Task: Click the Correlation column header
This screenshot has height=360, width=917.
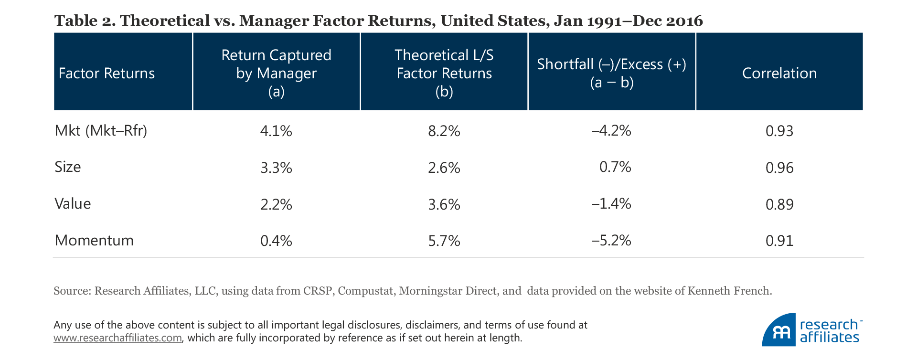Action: click(x=779, y=73)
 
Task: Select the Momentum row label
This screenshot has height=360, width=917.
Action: click(x=94, y=240)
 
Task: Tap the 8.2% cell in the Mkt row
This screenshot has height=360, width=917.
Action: click(x=444, y=131)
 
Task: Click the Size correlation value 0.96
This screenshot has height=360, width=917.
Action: click(x=779, y=168)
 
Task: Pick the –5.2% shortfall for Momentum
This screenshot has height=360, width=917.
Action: click(x=611, y=240)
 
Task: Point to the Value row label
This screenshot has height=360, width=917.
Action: click(x=73, y=204)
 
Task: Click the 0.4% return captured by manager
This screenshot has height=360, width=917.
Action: click(x=276, y=241)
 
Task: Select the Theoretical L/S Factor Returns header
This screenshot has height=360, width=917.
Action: click(x=444, y=73)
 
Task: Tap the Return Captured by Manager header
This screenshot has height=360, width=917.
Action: click(x=276, y=73)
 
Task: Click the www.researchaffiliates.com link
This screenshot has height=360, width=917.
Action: click(x=117, y=338)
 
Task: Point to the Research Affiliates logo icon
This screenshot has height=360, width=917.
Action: click(x=779, y=330)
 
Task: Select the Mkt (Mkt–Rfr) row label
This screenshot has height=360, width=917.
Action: click(x=101, y=130)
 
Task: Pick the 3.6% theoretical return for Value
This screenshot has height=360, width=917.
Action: click(x=444, y=204)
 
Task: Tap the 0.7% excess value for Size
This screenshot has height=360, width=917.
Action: click(x=615, y=167)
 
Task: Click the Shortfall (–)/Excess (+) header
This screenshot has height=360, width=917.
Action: click(x=611, y=73)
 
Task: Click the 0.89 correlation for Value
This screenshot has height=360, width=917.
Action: click(x=779, y=204)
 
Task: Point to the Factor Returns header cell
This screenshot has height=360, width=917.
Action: click(x=107, y=73)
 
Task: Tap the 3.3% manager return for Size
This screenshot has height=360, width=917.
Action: click(x=276, y=168)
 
